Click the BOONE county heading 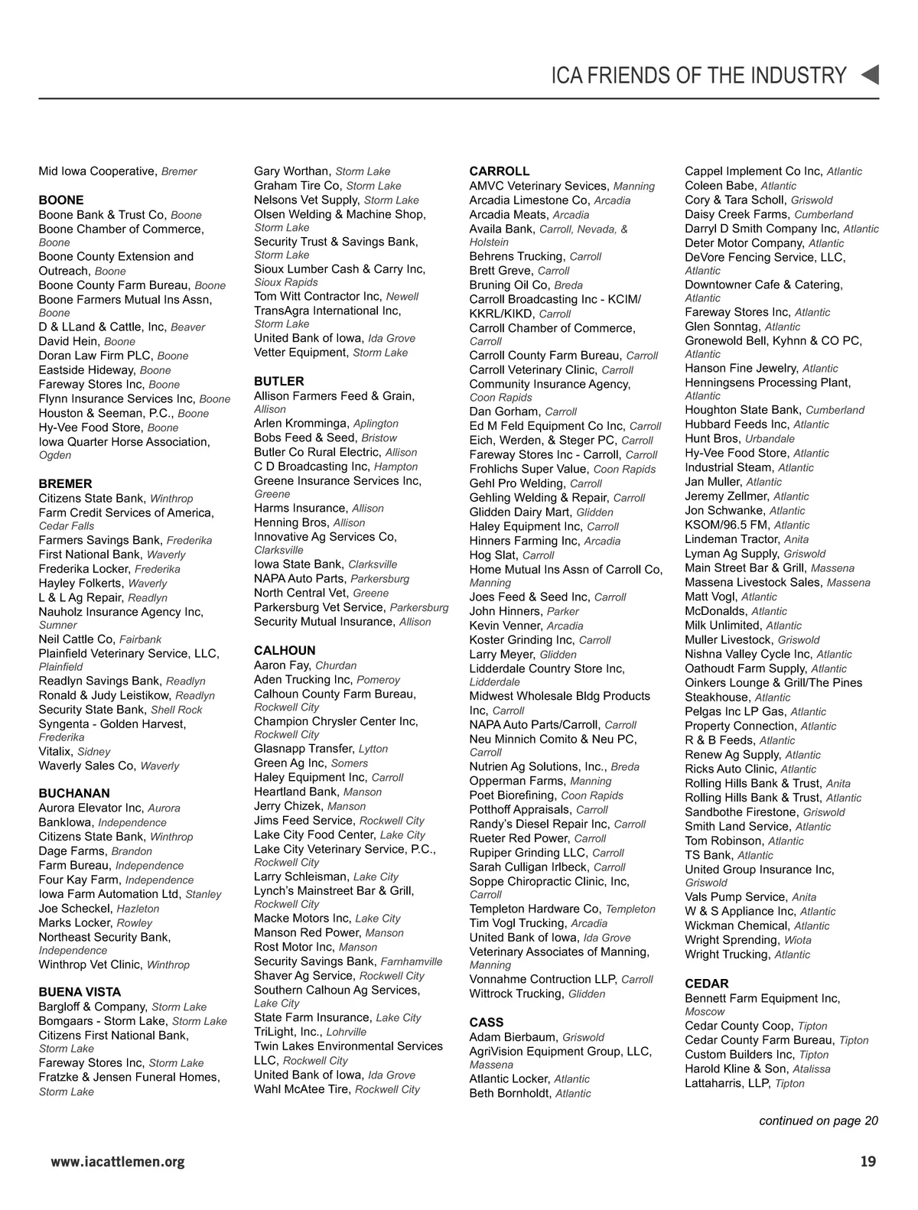click(x=61, y=200)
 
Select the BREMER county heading click(x=65, y=484)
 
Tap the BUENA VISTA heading click(x=80, y=993)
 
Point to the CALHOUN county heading click(x=285, y=651)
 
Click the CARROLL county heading click(x=499, y=171)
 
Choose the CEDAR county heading click(x=706, y=984)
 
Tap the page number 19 click(x=868, y=1162)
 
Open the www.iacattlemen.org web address click(x=118, y=1163)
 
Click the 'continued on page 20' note click(x=818, y=1121)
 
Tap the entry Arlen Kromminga click(x=326, y=423)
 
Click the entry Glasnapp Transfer click(x=321, y=749)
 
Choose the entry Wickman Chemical click(x=757, y=925)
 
